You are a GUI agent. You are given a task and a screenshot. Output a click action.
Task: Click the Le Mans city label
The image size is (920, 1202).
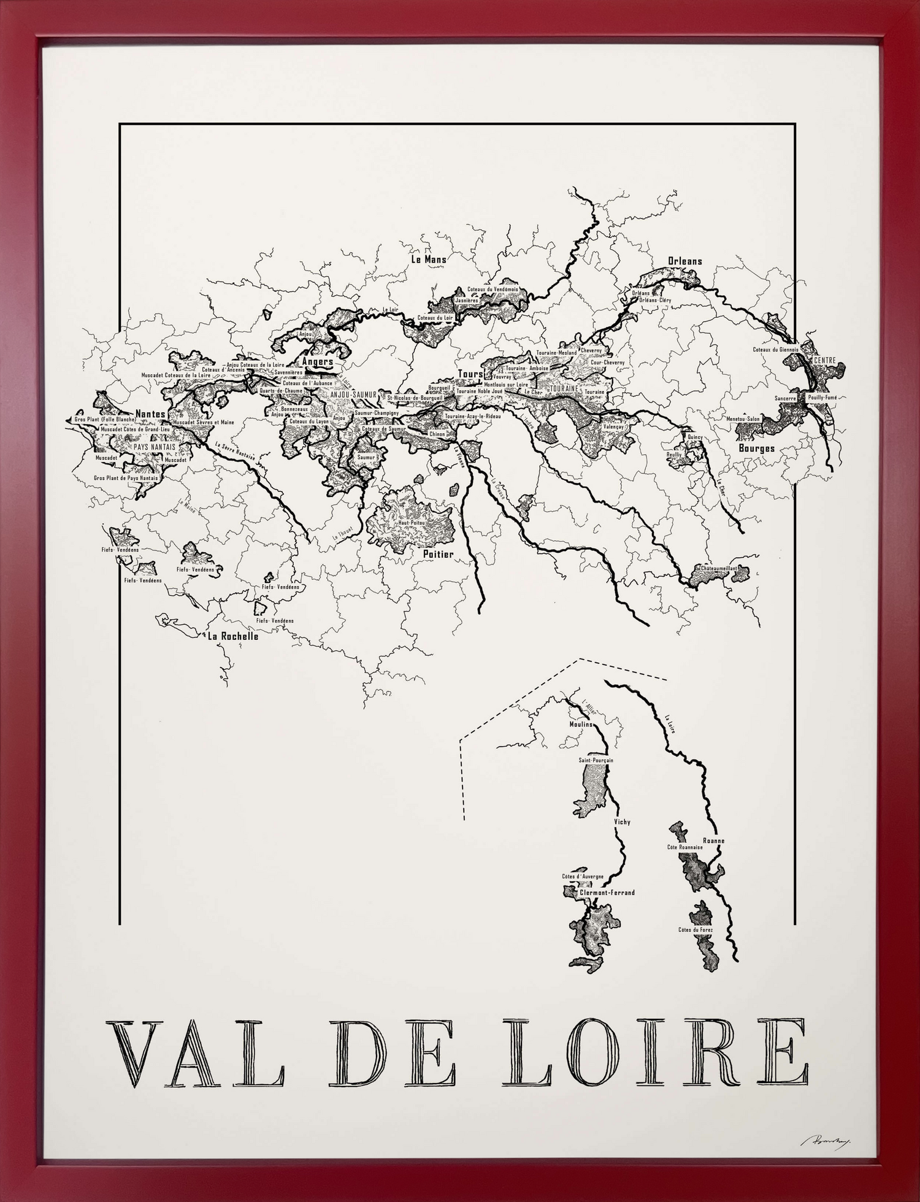click(428, 260)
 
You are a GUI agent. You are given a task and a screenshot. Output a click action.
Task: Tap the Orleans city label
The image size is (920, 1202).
click(685, 261)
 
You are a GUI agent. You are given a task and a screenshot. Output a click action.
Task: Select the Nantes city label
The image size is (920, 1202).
click(150, 414)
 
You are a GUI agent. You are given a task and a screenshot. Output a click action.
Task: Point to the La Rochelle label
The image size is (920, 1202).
click(233, 636)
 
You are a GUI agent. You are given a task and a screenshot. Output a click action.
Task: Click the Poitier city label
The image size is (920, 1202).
click(439, 554)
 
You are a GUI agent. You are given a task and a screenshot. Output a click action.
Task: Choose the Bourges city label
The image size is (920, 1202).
click(757, 448)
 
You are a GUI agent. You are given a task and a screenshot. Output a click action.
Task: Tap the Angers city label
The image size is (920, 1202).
click(318, 362)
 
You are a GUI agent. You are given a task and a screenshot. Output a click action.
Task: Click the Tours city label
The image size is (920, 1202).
click(470, 374)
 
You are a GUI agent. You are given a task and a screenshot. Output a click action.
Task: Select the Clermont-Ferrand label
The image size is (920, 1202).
click(607, 893)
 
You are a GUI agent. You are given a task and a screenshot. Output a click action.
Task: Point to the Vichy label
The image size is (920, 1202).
click(622, 822)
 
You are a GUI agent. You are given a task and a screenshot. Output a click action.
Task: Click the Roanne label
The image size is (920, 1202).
click(714, 841)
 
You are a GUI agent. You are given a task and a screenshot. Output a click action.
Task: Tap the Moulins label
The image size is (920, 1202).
click(581, 724)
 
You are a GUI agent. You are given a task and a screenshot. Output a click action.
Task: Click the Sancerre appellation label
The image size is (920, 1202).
click(785, 398)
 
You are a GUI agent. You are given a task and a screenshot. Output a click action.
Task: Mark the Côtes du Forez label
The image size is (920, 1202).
click(696, 930)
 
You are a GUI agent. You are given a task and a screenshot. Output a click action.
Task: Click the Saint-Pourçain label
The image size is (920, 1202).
click(596, 760)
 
